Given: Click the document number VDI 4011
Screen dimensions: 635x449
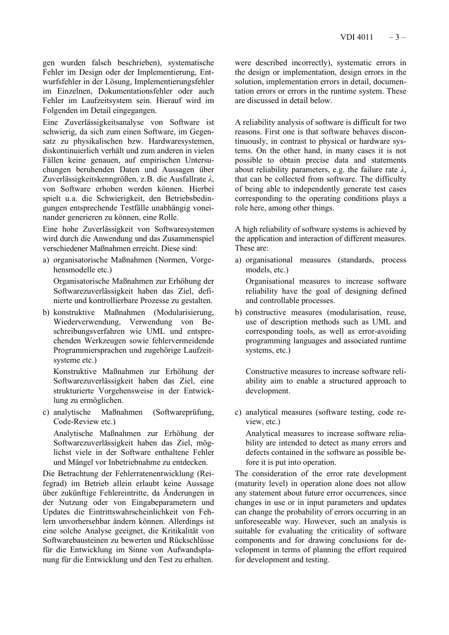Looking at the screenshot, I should [356, 37].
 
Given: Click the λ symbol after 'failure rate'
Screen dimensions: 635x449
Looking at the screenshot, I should [403, 170].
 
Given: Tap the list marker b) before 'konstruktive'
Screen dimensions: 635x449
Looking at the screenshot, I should [46, 313].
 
